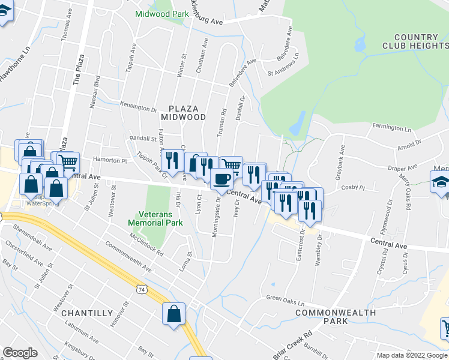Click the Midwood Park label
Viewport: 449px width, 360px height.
tap(158, 14)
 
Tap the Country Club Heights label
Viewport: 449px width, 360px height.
tap(414, 41)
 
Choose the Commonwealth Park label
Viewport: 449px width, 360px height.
tap(336, 317)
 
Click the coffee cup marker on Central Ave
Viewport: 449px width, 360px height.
tap(221, 179)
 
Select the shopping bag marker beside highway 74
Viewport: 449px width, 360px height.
tap(173, 314)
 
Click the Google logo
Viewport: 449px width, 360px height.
tap(20, 353)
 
